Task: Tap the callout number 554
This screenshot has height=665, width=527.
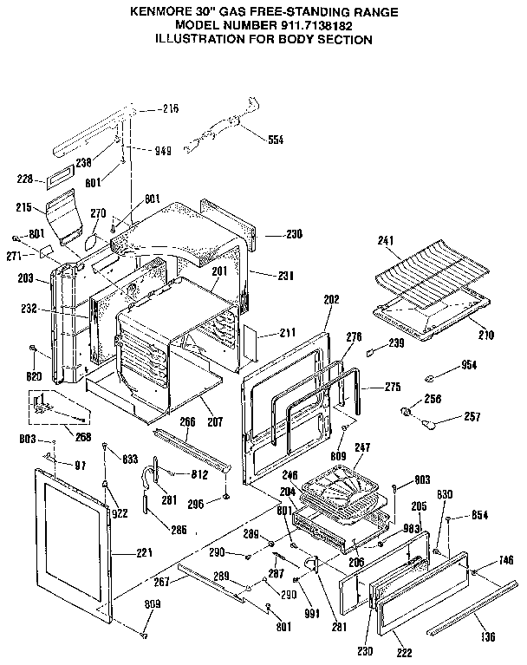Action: coord(275,140)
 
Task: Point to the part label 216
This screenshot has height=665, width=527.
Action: coord(171,108)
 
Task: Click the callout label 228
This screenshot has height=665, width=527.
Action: coord(26,179)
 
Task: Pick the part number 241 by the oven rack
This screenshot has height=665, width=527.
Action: coord(387,240)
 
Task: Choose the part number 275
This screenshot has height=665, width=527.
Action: coord(369,388)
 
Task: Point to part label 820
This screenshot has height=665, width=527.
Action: coord(36,376)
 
